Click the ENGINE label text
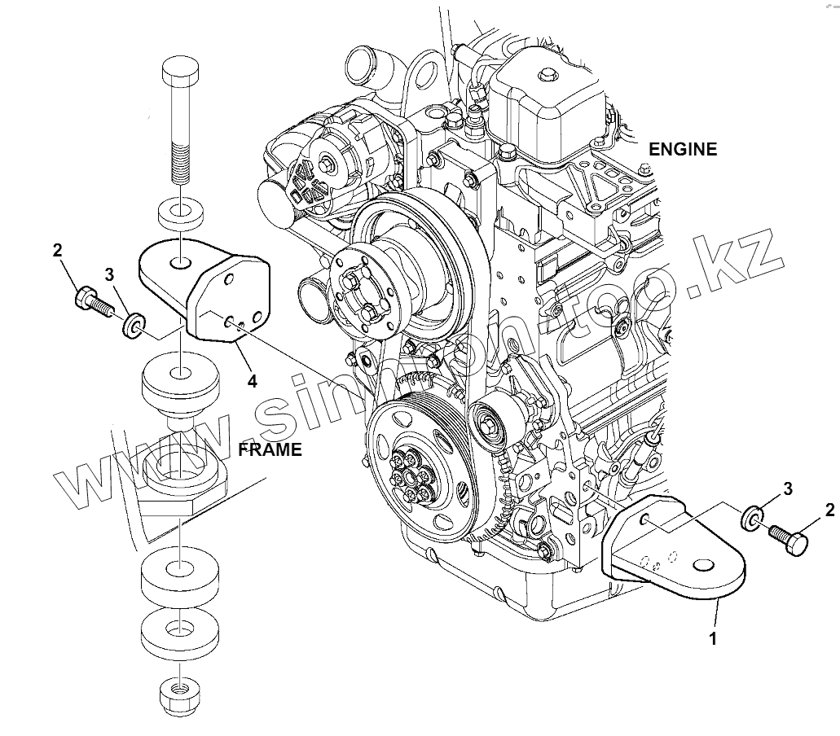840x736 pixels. (x=682, y=149)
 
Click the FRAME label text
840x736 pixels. (x=270, y=449)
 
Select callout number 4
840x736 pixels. (x=253, y=380)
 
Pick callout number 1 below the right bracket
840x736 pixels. (x=713, y=639)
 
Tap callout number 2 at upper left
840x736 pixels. (x=58, y=251)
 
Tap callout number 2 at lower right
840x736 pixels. (x=829, y=510)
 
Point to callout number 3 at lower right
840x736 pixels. (x=788, y=488)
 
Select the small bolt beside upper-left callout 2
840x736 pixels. (x=90, y=302)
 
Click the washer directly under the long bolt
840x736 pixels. (x=181, y=212)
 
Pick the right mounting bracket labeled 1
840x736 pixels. (x=676, y=554)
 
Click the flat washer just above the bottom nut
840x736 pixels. (x=181, y=631)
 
